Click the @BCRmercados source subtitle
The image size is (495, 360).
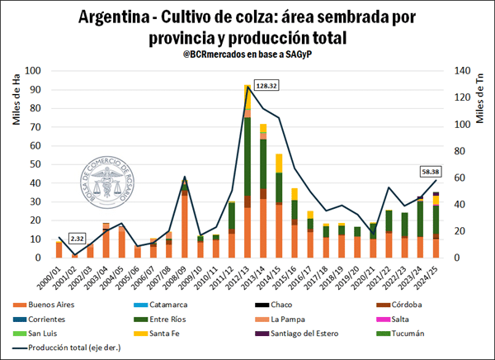pyautogui.click(x=247, y=54)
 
